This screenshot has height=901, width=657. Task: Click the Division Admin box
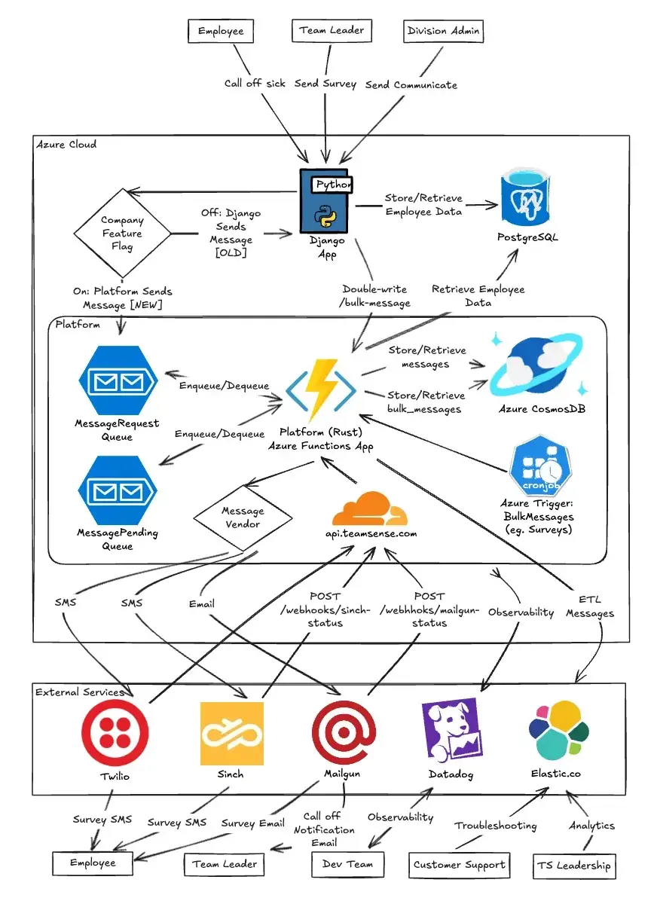[x=443, y=31]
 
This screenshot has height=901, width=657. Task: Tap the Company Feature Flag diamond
[x=121, y=234]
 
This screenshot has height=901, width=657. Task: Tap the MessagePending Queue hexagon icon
[x=117, y=490]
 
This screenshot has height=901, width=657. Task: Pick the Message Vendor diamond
[x=243, y=518]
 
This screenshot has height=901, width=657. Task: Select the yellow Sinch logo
[x=231, y=733]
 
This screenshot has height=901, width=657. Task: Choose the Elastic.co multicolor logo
[x=558, y=730]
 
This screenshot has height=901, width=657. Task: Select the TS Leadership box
[x=573, y=866]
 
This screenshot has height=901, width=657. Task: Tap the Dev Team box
[x=348, y=864]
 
